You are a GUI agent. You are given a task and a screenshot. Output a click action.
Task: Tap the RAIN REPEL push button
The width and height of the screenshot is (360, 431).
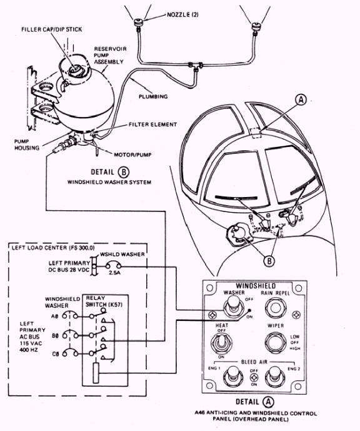click(x=276, y=308)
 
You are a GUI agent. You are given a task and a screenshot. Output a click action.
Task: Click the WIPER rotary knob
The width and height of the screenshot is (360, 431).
click(x=276, y=343)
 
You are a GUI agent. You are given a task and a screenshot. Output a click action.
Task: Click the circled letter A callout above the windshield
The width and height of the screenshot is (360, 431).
click(x=301, y=100)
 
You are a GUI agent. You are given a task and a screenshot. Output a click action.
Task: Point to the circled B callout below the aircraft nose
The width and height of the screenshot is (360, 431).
click(x=269, y=261)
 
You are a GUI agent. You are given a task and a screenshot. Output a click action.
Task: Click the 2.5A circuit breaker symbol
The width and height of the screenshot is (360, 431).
click(x=113, y=265)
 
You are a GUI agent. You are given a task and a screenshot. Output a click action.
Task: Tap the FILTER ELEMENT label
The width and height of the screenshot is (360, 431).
click(x=152, y=124)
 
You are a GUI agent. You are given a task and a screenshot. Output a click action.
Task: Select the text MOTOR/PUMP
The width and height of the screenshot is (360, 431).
click(x=132, y=155)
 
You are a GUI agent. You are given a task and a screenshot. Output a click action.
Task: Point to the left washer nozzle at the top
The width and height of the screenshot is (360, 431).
click(x=137, y=23)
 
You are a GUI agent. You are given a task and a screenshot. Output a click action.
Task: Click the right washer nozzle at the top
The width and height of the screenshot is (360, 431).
click(x=256, y=27)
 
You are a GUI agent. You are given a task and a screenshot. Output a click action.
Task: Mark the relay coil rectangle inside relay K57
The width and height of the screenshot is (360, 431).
click(x=96, y=373)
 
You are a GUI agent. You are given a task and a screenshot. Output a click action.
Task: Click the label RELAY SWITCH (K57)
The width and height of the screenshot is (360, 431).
click(x=104, y=302)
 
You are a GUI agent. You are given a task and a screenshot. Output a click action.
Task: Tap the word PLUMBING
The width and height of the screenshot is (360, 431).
click(x=153, y=97)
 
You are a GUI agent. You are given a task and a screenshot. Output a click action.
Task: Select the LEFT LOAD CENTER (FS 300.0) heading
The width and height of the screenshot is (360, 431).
click(x=53, y=248)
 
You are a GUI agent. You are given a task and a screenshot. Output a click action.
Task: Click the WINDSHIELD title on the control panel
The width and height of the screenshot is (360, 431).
click(x=256, y=286)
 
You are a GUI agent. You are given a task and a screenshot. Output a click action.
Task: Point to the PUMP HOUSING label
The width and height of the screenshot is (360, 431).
click(x=27, y=145)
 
